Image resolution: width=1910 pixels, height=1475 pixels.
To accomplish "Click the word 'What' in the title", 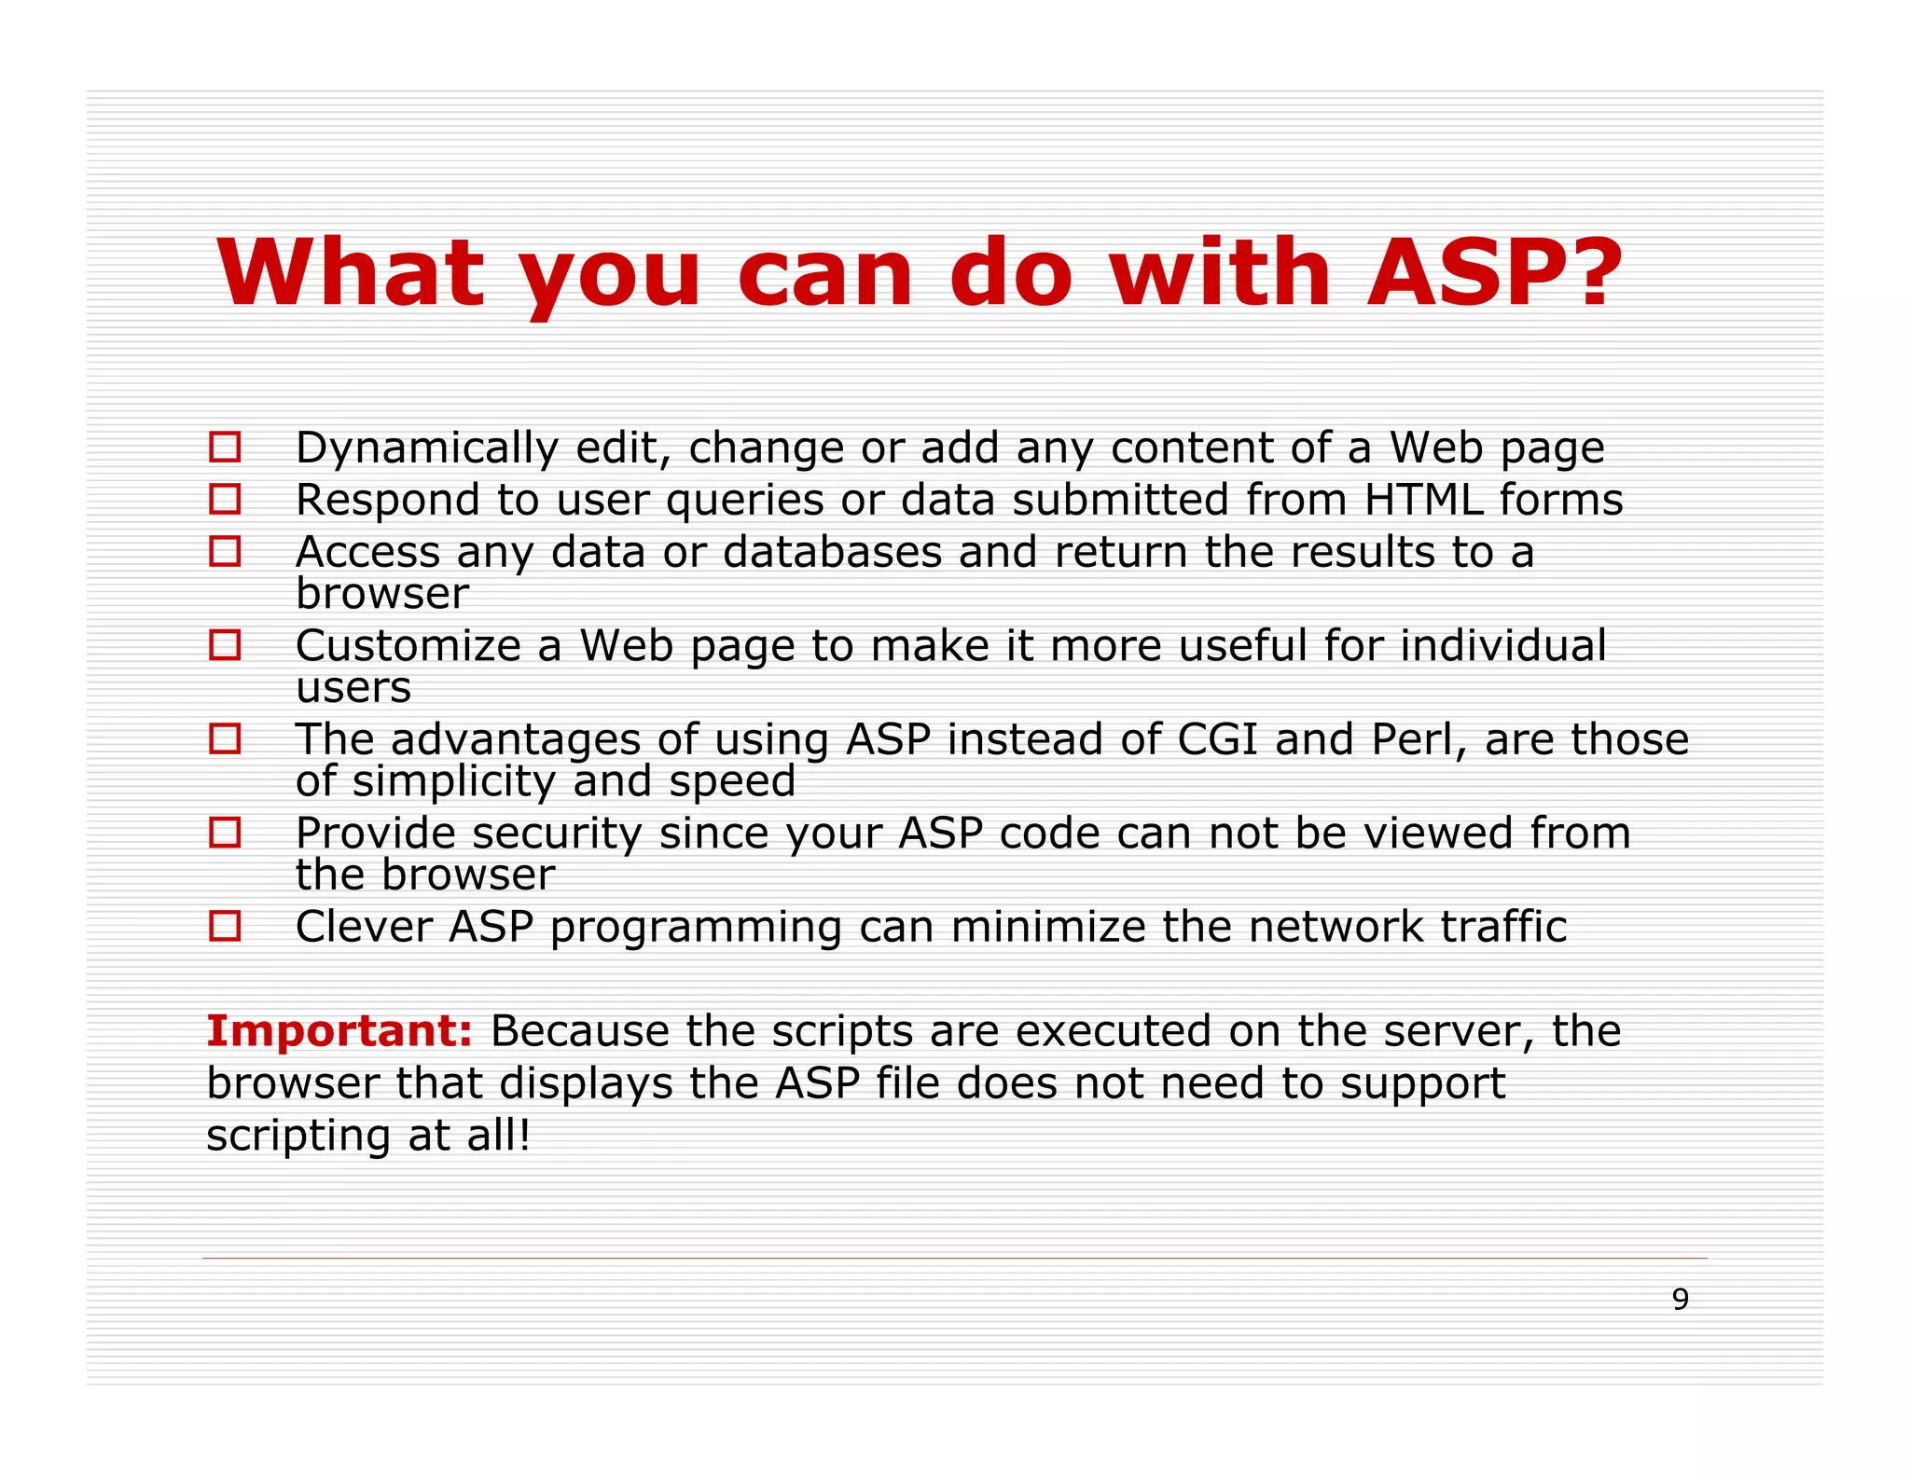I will [x=351, y=272].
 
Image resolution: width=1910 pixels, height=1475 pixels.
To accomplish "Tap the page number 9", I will [x=1680, y=1300].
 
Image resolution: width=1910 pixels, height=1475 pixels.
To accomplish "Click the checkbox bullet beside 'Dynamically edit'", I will [x=225, y=447].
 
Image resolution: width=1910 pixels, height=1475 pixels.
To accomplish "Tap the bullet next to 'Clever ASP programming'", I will [x=225, y=926].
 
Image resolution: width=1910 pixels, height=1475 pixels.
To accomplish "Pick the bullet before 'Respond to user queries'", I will [x=225, y=499].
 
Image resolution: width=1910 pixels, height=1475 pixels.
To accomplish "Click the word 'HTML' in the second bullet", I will [x=1423, y=500].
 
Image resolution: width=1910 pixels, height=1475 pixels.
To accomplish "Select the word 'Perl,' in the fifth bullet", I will [x=1419, y=740].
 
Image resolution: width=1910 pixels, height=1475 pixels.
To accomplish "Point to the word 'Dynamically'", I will [x=426, y=449].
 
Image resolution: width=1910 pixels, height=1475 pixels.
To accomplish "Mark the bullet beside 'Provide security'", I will [x=225, y=832].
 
